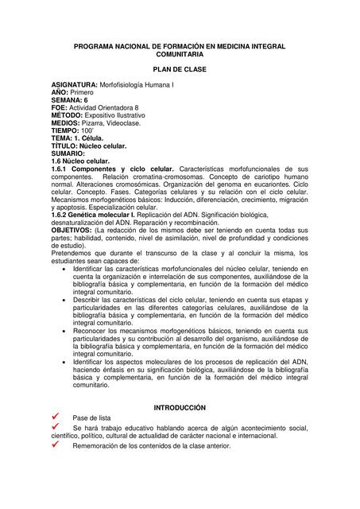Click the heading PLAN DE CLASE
pos(179,70)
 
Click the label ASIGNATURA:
pos(74,84)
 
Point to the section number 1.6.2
pos(60,216)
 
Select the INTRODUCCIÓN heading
pos(179,407)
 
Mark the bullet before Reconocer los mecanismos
pos(64,330)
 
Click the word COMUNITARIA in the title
pos(179,56)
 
